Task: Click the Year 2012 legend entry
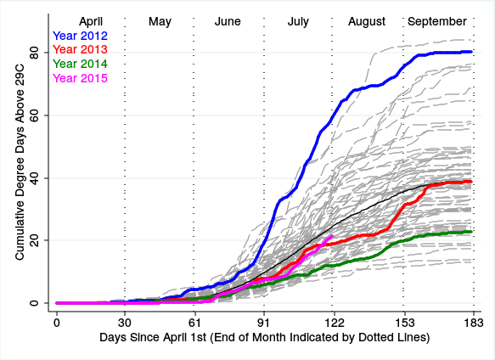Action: point(80,36)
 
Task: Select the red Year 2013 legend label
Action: point(80,49)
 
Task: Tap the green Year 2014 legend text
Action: point(80,64)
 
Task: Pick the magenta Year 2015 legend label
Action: point(80,78)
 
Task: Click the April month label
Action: point(91,22)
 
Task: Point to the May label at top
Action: point(160,22)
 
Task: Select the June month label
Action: point(228,21)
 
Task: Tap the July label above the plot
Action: point(298,22)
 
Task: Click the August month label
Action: point(367,22)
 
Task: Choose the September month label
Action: point(437,22)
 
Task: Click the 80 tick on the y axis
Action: point(34,53)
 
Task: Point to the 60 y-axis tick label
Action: point(34,115)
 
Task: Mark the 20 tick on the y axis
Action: point(34,240)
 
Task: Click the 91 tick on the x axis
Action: point(264,323)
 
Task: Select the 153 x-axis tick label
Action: point(405,323)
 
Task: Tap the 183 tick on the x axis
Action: point(474,323)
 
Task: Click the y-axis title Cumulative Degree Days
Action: point(20,170)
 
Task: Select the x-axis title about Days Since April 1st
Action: point(265,338)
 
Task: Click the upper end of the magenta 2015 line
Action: point(332,235)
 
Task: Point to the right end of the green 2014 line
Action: point(471,232)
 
